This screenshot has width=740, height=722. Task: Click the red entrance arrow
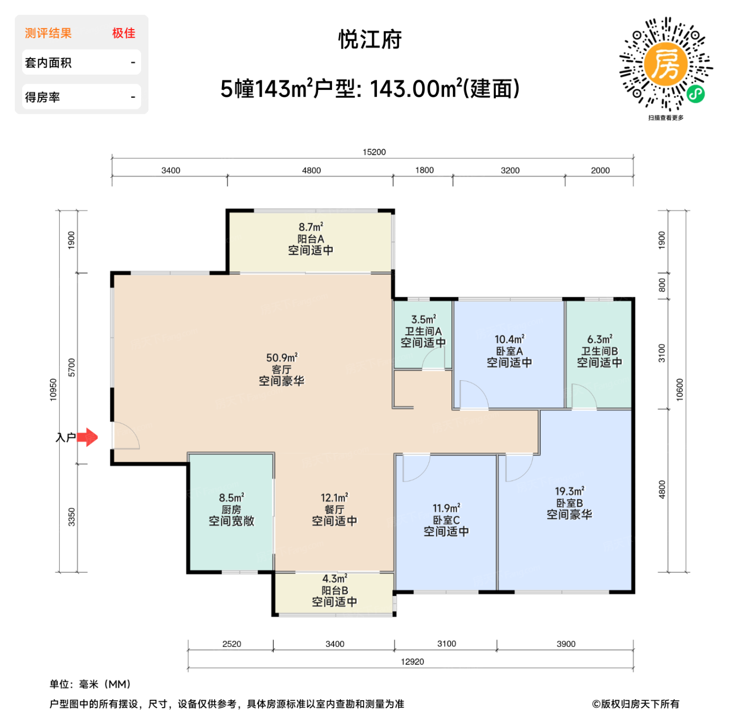(88, 437)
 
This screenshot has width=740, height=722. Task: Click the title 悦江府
(370, 40)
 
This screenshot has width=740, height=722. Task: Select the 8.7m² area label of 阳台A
(311, 227)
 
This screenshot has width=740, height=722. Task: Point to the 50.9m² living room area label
(282, 358)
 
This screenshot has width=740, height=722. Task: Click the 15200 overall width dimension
(374, 152)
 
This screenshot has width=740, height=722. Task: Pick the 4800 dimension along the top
(311, 170)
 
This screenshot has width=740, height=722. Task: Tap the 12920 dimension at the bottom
(412, 662)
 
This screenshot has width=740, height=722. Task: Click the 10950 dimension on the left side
(53, 390)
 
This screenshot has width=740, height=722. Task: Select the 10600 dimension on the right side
(680, 390)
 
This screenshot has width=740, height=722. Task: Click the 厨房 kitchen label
(231, 509)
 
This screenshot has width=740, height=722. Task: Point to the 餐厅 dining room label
(335, 509)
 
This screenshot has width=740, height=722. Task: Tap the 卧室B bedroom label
(569, 503)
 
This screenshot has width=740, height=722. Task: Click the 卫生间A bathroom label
(423, 331)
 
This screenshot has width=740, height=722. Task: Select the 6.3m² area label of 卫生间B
(599, 339)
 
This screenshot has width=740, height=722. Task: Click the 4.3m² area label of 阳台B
(335, 579)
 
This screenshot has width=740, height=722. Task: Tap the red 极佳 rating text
(124, 33)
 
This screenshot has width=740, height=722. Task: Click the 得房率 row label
(42, 97)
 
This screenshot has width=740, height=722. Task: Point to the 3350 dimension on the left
(71, 517)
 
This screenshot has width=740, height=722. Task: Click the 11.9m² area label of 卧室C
(446, 508)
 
